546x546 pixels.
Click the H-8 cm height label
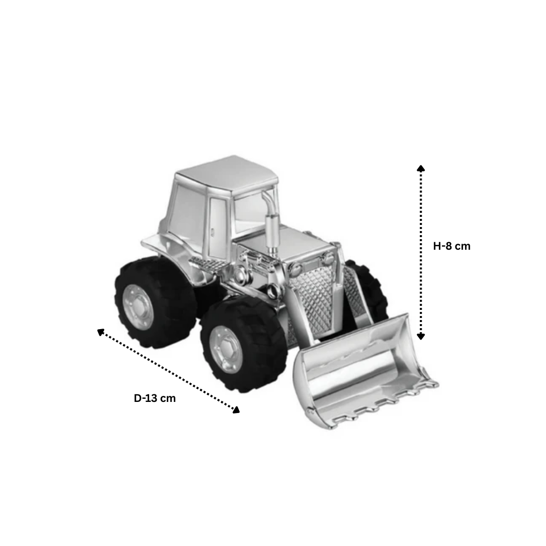click(451, 246)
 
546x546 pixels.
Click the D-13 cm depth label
click(155, 398)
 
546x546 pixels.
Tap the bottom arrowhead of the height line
click(421, 336)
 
